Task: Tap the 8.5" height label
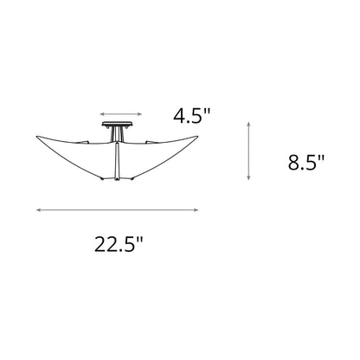coord(305,162)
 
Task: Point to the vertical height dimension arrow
coord(250,152)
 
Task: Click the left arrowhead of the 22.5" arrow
coord(39,209)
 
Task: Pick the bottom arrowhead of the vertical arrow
coord(250,178)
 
